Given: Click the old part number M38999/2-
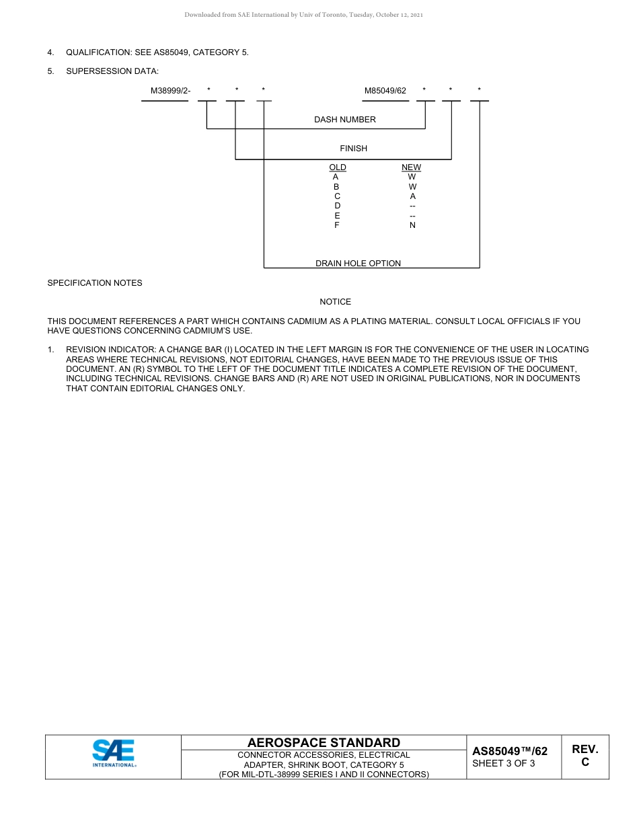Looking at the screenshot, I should coord(170,91).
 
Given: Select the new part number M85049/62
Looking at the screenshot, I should coord(385,91).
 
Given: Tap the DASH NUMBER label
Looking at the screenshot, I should coord(345,120).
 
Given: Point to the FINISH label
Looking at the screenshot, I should coord(353,149).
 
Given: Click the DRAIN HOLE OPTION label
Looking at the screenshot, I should coord(358,264).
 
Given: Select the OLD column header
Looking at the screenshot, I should coord(338,167).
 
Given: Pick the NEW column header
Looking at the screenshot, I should coord(411,167).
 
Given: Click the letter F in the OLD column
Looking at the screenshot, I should coord(337,225).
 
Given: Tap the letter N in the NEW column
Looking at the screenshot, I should coord(412,225).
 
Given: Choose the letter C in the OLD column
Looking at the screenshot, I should coord(337,196).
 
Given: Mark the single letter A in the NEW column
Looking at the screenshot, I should coord(412,196).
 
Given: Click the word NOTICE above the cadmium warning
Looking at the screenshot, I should coord(335,302).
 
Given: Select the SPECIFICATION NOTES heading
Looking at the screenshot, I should coord(95,283).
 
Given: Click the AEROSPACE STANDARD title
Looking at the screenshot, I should coord(324,743).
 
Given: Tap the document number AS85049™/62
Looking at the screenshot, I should coord(510,752).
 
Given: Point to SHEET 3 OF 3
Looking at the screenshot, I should coord(504,764).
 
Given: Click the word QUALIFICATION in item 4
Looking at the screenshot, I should coord(94,52).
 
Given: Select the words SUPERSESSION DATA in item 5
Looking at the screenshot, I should coord(112,71).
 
